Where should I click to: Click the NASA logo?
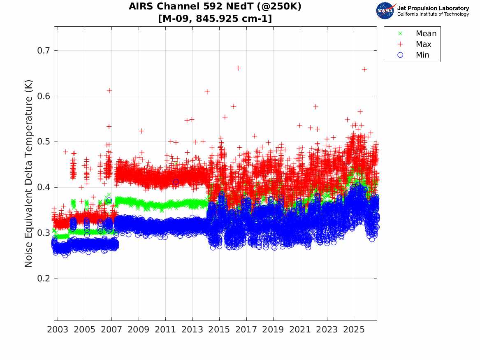pyautogui.click(x=385, y=11)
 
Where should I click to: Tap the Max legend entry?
pyautogui.click(x=414, y=44)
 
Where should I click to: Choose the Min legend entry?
pyautogui.click(x=413, y=55)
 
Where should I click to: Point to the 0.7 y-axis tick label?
pyautogui.click(x=44, y=51)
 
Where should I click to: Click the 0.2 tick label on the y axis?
pyautogui.click(x=44, y=279)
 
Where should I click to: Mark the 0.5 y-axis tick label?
pyautogui.click(x=44, y=142)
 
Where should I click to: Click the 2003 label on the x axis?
pyautogui.click(x=58, y=330)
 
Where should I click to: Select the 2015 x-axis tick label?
pyautogui.click(x=219, y=330)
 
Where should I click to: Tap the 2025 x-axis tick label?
pyautogui.click(x=354, y=330)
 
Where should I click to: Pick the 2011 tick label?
pyautogui.click(x=165, y=330)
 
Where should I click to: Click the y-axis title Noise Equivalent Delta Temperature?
pyautogui.click(x=28, y=174)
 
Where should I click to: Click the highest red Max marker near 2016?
pyautogui.click(x=238, y=68)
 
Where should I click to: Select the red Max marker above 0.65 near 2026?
pyautogui.click(x=364, y=70)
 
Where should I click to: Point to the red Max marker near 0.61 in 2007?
pyautogui.click(x=109, y=91)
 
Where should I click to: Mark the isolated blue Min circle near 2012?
pyautogui.click(x=176, y=182)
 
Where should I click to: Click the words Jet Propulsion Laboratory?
pyautogui.click(x=433, y=8)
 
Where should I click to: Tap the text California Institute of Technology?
pyautogui.click(x=433, y=14)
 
